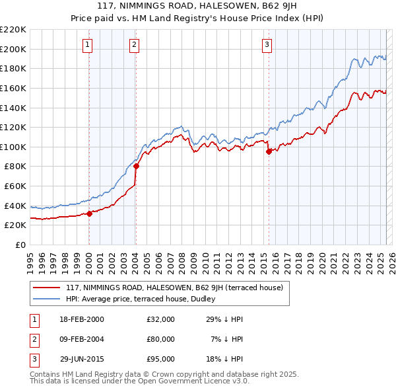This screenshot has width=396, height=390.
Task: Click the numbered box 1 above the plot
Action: pyautogui.click(x=88, y=45)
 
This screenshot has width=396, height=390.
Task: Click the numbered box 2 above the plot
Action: pyautogui.click(x=134, y=45)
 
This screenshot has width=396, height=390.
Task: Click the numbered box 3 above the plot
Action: pyautogui.click(x=267, y=45)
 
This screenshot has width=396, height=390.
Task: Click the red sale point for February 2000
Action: pyautogui.click(x=89, y=213)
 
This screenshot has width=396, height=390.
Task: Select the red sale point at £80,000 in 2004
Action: pyautogui.click(x=135, y=167)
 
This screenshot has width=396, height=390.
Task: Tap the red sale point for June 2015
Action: pyautogui.click(x=269, y=151)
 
